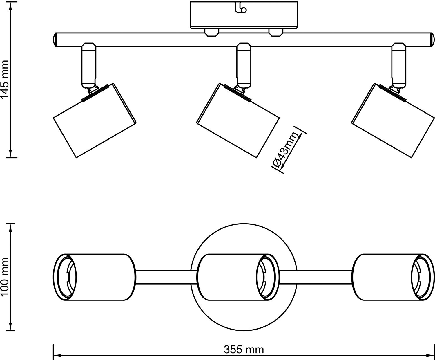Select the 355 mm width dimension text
coord(244,350)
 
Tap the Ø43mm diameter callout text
coord(286,150)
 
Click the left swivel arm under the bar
coord(88,65)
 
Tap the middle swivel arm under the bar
coord(244,65)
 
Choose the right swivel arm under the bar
coord(398,65)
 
